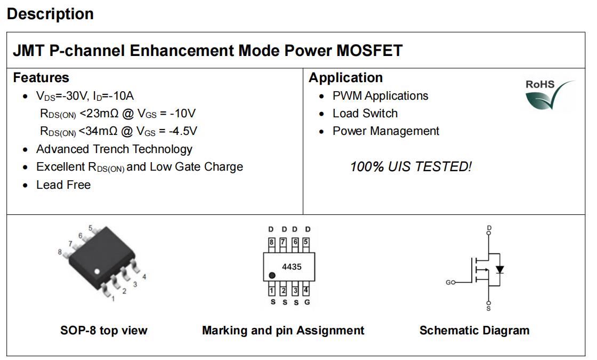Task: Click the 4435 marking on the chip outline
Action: (x=292, y=267)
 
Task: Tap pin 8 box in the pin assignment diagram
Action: (x=271, y=242)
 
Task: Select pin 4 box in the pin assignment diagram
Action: (x=306, y=290)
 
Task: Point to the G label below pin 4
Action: (x=307, y=302)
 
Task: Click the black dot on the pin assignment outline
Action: (x=272, y=275)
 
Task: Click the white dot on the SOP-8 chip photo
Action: (x=96, y=271)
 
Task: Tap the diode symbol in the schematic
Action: (x=499, y=270)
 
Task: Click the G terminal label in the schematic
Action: (x=448, y=282)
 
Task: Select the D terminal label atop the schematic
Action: (x=489, y=228)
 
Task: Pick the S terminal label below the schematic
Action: (x=489, y=308)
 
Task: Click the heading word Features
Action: (x=41, y=78)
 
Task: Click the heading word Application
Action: (x=346, y=78)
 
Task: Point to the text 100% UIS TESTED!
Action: (x=411, y=166)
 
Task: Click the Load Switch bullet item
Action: (x=365, y=113)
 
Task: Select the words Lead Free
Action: (x=63, y=185)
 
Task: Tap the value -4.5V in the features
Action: (x=183, y=131)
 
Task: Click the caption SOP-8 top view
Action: (x=104, y=330)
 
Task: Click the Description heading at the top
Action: (x=50, y=14)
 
